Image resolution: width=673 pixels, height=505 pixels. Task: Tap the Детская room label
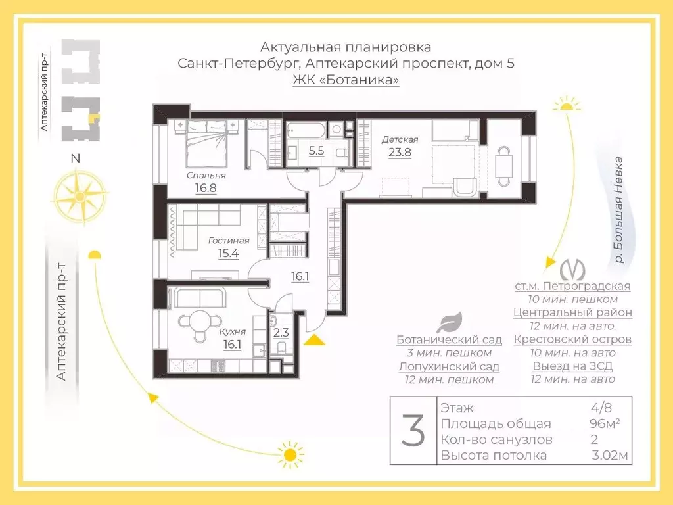(400, 139)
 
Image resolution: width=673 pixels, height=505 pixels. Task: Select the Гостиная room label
(228, 241)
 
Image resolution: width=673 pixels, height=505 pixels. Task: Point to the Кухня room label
(233, 332)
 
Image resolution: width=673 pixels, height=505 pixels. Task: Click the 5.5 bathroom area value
(316, 151)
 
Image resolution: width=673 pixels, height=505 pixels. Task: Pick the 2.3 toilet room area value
(281, 333)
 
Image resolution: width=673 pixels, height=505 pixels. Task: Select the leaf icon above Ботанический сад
(450, 323)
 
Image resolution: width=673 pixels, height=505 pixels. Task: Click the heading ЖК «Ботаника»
(346, 80)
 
